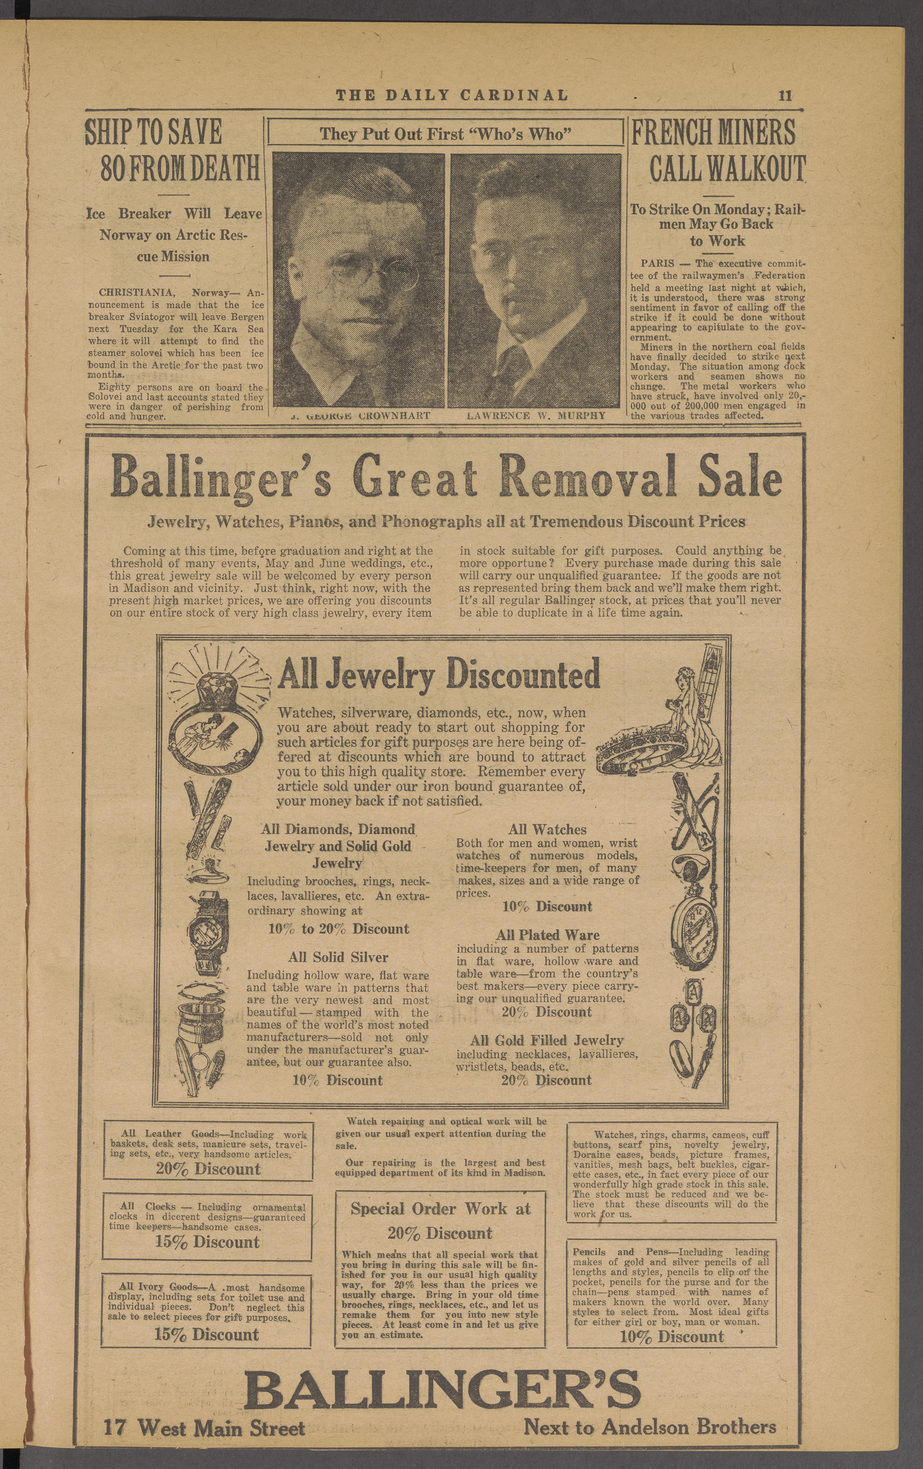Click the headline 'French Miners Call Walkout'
tap(717, 150)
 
